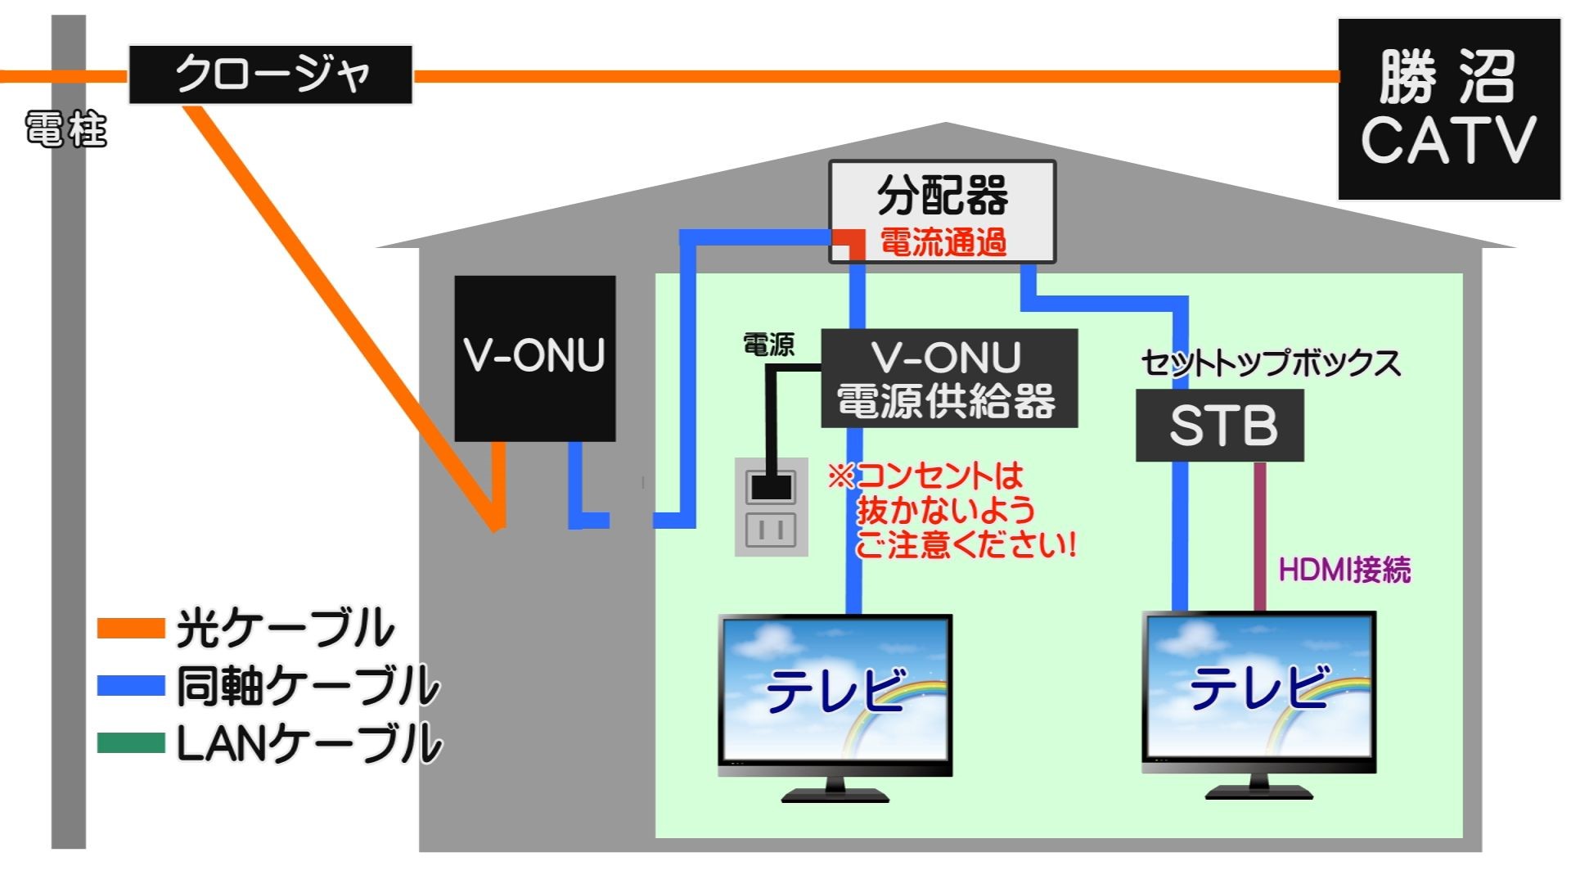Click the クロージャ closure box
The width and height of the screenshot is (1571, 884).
270,74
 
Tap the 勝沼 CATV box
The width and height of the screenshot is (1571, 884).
1448,110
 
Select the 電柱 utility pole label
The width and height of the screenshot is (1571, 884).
65,129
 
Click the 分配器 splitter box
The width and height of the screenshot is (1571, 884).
943,196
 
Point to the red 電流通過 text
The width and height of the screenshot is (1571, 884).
943,243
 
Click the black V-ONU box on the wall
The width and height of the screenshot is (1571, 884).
534,358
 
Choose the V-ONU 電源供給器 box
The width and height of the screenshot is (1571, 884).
948,378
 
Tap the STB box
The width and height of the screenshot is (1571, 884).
1219,425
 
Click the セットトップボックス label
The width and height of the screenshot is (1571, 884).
1270,363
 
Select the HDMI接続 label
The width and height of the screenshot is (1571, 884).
1344,570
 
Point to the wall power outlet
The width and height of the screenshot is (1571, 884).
771,507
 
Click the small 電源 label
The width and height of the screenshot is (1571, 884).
768,345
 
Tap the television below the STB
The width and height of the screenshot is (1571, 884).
1258,696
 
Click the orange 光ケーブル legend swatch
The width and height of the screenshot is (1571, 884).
131,628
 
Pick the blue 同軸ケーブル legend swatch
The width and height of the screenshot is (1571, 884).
131,685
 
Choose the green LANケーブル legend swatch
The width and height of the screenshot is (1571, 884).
131,742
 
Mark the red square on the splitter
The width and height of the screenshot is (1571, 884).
849,243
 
